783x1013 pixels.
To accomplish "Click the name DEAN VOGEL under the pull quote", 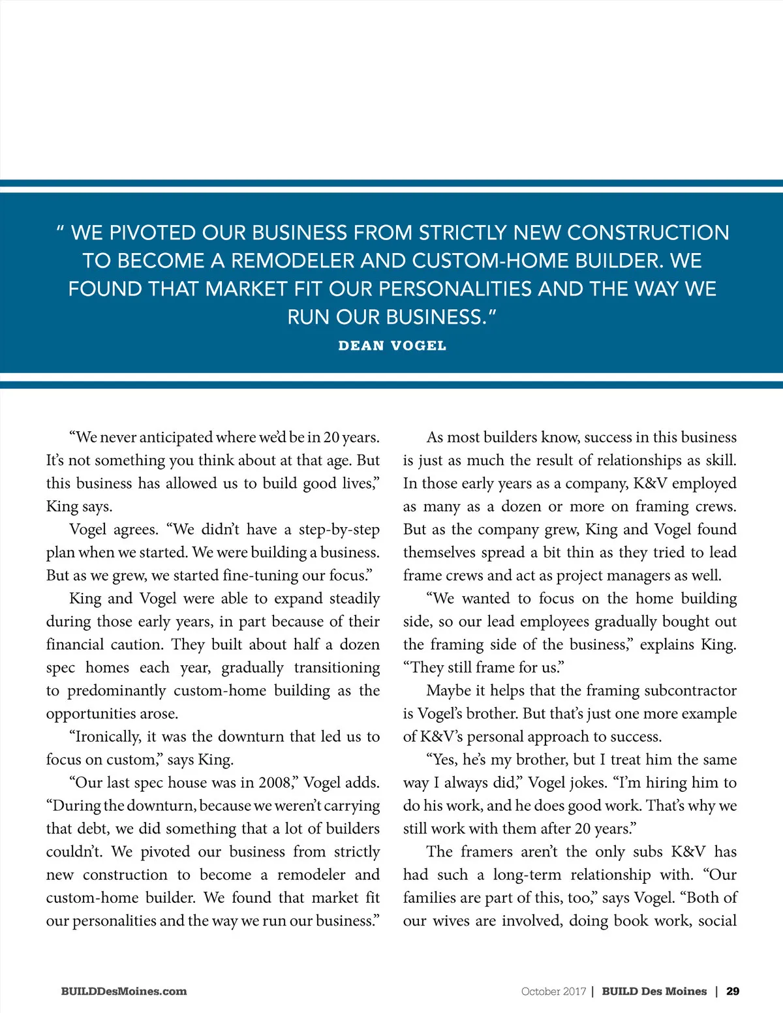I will click(x=392, y=346).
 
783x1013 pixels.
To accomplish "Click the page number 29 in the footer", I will click(x=733, y=991).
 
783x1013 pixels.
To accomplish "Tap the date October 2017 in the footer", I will click(x=553, y=991).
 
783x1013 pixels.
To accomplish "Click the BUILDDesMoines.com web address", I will click(x=124, y=991).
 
